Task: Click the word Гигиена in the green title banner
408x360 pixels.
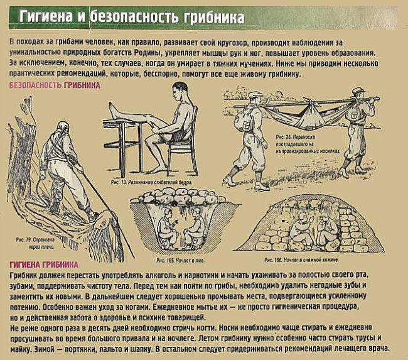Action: [46, 17]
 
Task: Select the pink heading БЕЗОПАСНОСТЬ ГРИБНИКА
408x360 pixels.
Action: [55, 85]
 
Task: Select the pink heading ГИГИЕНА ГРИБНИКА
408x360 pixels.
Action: [44, 265]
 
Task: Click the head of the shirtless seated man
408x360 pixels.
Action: [180, 92]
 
